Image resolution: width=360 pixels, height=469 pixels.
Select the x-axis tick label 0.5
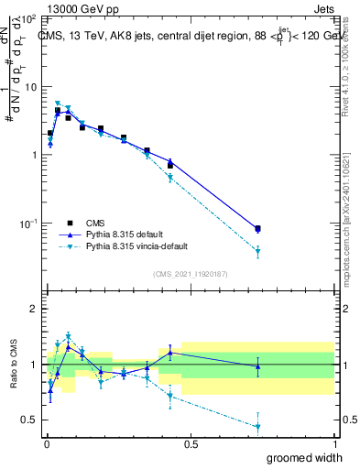click(x=191, y=444)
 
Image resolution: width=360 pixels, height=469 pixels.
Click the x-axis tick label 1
click(x=334, y=444)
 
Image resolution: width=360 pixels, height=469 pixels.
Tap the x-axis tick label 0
click(x=47, y=444)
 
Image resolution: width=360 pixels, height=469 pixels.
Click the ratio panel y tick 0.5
click(x=28, y=420)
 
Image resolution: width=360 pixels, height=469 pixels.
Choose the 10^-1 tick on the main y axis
click(x=27, y=223)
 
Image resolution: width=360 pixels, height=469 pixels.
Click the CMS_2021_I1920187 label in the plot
click(x=190, y=274)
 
